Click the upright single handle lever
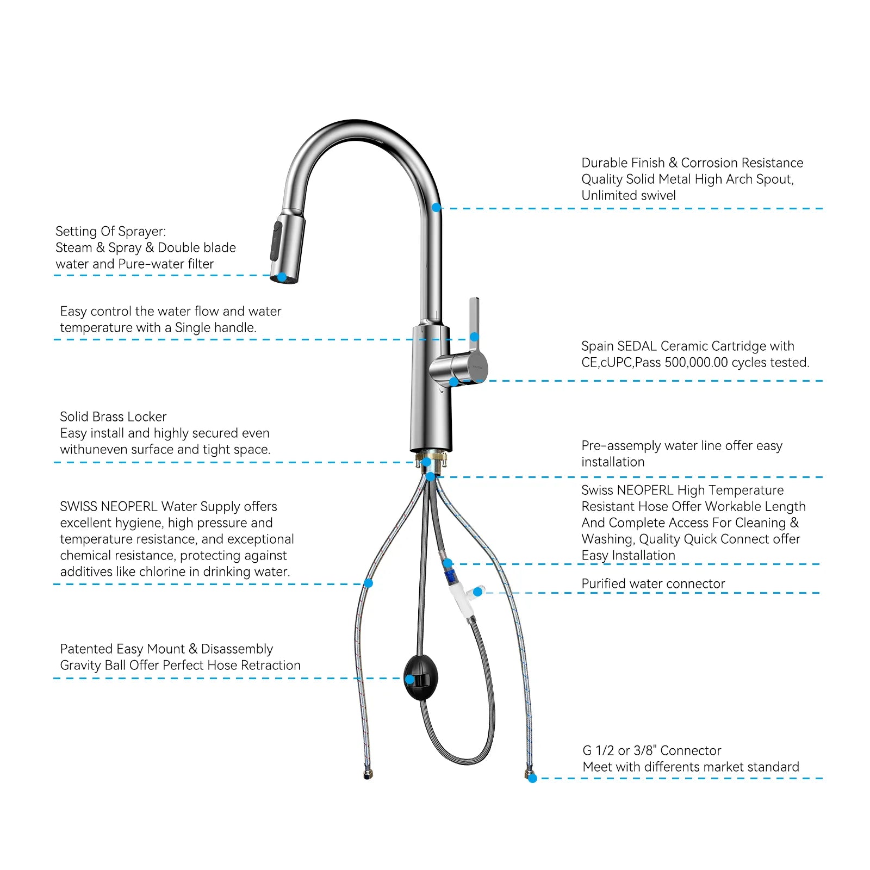pos(474,321)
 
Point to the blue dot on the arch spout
pos(436,207)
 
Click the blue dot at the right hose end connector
pos(532,779)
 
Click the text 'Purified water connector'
pos(653,584)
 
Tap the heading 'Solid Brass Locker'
pos(113,417)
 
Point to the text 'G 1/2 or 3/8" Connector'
pos(651,751)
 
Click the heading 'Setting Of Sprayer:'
pos(111,232)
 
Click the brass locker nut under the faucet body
pos(431,458)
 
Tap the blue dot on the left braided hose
pos(368,583)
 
